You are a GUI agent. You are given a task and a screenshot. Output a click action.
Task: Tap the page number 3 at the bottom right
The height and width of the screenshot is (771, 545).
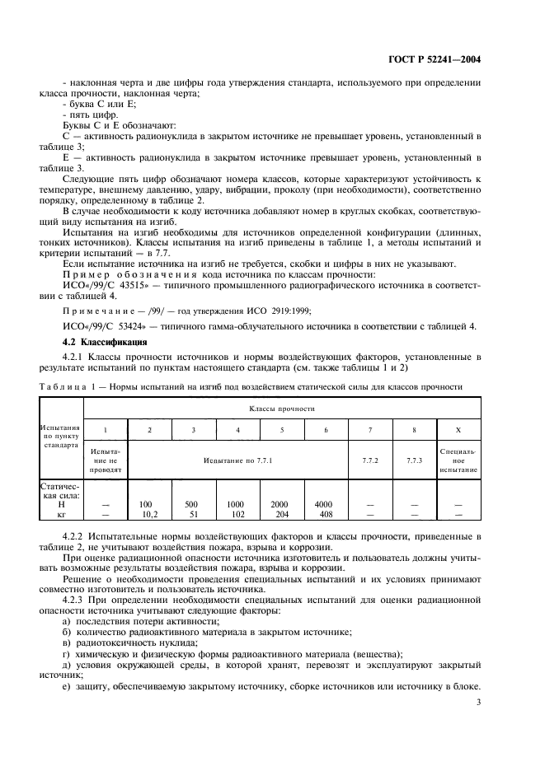pyautogui.click(x=479, y=703)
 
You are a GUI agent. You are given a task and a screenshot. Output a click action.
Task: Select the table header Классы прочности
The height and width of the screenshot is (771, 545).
pyautogui.click(x=282, y=408)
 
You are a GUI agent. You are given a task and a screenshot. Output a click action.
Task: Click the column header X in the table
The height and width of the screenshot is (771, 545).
pyautogui.click(x=458, y=430)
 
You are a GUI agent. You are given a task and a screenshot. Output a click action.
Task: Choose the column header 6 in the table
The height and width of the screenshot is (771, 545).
pyautogui.click(x=326, y=430)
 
